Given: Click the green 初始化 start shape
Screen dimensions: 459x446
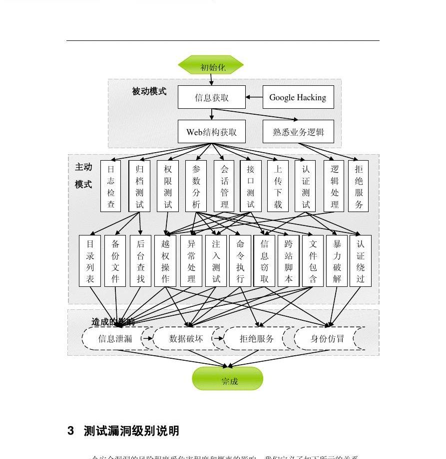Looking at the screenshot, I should (211, 65).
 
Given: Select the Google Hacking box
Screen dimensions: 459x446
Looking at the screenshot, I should (298, 97).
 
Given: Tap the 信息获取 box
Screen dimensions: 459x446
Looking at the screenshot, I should (212, 97).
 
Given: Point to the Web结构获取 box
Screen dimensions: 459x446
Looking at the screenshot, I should (212, 132).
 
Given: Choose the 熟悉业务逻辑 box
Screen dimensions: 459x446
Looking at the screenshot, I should (298, 132).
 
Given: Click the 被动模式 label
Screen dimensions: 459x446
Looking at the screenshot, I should (149, 91).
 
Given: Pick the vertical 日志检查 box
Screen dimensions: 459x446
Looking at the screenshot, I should (111, 186).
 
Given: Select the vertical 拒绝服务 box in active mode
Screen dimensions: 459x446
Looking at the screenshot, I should (359, 186).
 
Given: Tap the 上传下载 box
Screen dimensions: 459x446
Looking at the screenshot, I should (278, 186).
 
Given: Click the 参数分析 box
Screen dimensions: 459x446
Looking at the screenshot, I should (196, 186).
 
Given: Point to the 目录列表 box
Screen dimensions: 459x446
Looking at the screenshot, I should (90, 260).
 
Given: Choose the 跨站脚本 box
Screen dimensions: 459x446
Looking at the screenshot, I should (289, 260).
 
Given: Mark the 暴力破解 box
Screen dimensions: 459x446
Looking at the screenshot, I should (337, 260).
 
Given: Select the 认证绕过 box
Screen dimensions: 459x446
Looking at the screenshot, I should (361, 260).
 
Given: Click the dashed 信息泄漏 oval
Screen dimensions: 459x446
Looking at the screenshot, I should (115, 339).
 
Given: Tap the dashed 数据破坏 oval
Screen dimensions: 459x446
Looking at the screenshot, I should (186, 339).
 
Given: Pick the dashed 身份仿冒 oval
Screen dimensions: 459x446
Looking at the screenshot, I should (327, 339).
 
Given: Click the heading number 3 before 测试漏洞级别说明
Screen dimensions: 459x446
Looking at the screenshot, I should (71, 431).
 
